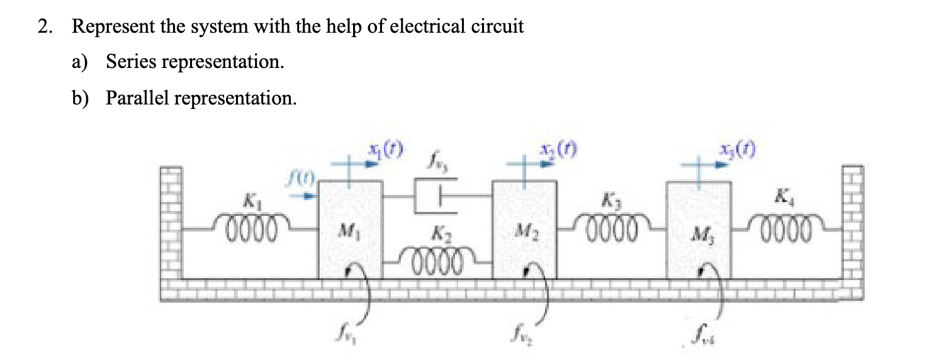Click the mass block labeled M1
pyautogui.click(x=350, y=230)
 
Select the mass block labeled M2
pyautogui.click(x=524, y=230)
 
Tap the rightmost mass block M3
pyautogui.click(x=699, y=230)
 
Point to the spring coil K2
pyautogui.click(x=437, y=257)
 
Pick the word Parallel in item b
pyautogui.click(x=138, y=98)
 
